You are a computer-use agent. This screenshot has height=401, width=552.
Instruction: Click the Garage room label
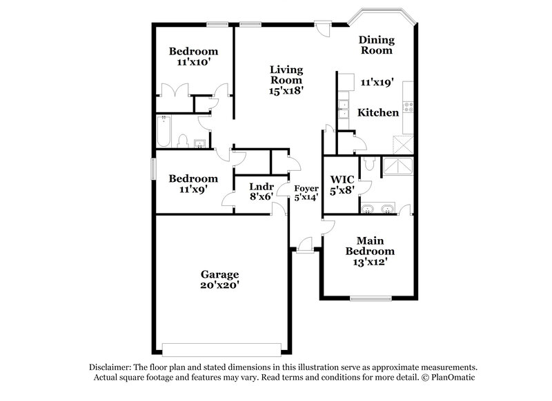220,274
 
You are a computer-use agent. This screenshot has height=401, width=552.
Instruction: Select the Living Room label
286,74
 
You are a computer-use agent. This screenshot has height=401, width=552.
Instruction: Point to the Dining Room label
376,45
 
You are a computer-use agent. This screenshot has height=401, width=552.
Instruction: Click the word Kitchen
377,112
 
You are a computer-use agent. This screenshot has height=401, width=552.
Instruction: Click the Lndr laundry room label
262,186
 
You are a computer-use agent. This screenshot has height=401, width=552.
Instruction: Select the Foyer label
306,188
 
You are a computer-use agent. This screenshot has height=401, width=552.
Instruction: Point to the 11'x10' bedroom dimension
194,61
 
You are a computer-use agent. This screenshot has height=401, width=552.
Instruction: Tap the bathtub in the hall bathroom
164,133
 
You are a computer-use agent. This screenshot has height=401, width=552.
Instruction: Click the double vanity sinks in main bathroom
378,208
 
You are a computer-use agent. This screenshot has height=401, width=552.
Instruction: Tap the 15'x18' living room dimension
286,89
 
